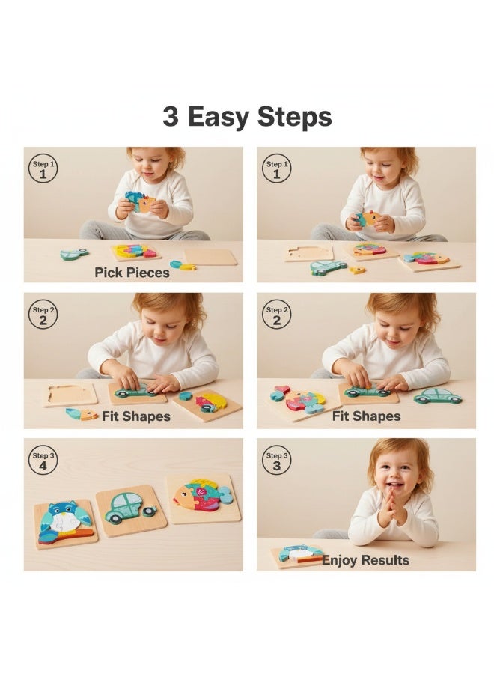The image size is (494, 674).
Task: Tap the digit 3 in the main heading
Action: click(x=171, y=118)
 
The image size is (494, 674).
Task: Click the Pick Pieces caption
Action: click(x=132, y=273)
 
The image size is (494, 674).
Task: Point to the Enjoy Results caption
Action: click(x=366, y=560)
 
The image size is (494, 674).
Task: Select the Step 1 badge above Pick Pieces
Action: click(x=43, y=170)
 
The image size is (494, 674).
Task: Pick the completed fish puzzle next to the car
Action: click(x=203, y=497)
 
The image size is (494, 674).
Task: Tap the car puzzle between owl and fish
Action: click(x=129, y=509)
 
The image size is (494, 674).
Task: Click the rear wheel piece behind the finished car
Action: click(x=149, y=511)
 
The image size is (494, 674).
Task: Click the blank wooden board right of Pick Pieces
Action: click(x=210, y=257)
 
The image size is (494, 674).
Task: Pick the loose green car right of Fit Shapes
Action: click(x=438, y=396)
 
